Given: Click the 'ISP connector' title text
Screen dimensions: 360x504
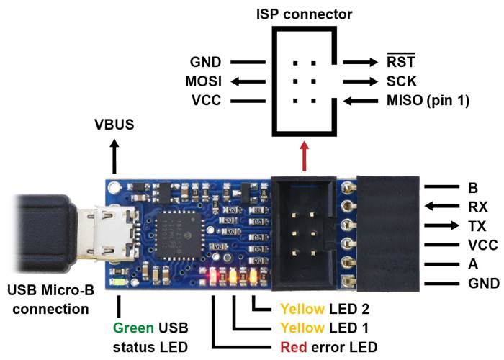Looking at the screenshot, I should pyautogui.click(x=302, y=14).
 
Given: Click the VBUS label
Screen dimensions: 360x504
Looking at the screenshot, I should pyautogui.click(x=114, y=125).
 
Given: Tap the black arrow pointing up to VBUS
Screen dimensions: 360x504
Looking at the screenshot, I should pyautogui.click(x=114, y=153).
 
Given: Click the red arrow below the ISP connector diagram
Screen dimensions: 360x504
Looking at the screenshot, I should pyautogui.click(x=302, y=157).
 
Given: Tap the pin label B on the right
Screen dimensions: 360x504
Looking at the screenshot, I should pyautogui.click(x=473, y=189).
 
